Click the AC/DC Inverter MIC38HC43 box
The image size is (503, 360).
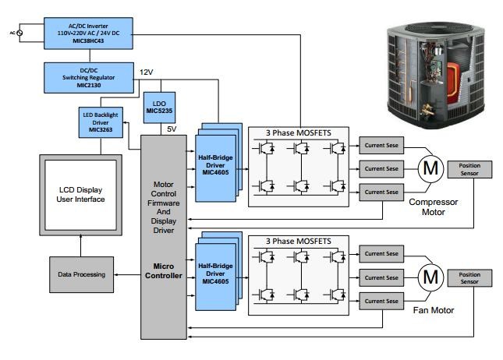tap(88, 34)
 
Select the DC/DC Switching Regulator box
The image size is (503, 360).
tap(89, 78)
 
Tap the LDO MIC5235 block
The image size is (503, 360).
tap(159, 108)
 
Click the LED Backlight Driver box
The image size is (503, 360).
tap(101, 122)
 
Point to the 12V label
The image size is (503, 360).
tap(147, 72)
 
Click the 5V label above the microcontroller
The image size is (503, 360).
tap(172, 129)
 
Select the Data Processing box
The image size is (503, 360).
tap(81, 274)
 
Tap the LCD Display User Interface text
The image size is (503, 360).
tap(80, 195)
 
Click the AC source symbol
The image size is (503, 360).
tap(19, 33)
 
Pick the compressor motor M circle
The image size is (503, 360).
tap(430, 169)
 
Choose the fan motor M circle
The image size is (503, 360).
tap(430, 277)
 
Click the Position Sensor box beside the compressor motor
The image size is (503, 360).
tap(469, 169)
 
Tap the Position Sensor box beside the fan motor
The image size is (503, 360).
tap(469, 278)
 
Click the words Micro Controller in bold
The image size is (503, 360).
tap(164, 271)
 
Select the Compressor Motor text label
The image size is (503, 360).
tap(434, 207)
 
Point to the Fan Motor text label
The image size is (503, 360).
tap(434, 310)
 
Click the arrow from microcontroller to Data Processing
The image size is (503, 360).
tap(127, 275)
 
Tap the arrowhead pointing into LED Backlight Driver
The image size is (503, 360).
tap(125, 122)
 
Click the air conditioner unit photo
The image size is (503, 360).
tap(436, 76)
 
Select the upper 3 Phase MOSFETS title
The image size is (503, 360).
tap(299, 132)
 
